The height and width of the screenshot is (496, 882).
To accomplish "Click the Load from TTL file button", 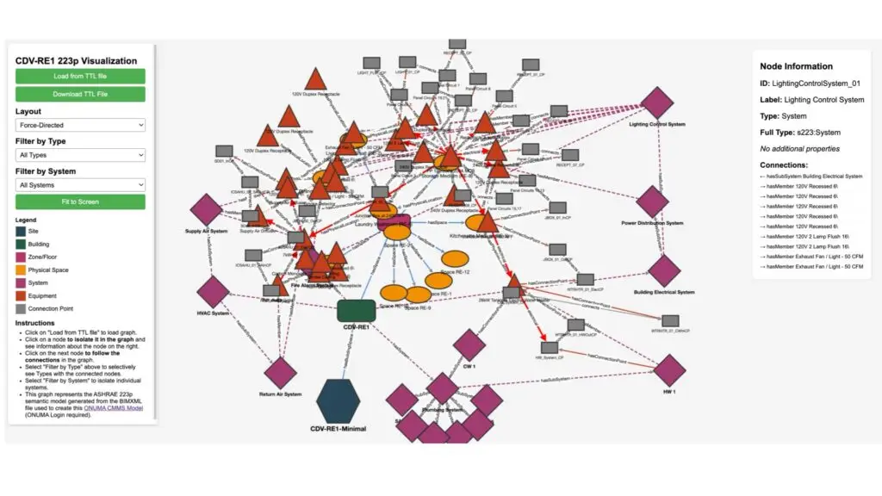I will (80, 76).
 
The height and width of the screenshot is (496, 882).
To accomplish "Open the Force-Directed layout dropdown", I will (80, 125).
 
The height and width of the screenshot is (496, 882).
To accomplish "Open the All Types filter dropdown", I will (80, 155).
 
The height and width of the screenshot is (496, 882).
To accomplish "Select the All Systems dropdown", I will (80, 184).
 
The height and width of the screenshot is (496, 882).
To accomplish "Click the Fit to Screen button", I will (80, 201).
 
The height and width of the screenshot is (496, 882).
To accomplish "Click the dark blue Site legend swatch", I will (21, 231).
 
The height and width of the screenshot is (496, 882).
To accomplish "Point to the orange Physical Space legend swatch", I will (21, 270).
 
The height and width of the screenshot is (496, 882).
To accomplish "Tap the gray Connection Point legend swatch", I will (21, 308).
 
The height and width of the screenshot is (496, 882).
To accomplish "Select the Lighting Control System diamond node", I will (657, 103).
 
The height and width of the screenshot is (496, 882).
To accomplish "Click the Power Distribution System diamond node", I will (652, 203).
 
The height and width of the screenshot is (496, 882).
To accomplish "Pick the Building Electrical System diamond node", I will (663, 271).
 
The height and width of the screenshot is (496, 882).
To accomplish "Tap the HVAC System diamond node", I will (213, 292).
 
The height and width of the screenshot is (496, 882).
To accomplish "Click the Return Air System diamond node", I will (280, 373).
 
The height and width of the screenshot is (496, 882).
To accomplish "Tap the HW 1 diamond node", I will (668, 371).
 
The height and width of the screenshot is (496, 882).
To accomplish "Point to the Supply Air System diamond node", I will (207, 210).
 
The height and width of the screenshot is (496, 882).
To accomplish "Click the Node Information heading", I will (796, 66).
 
